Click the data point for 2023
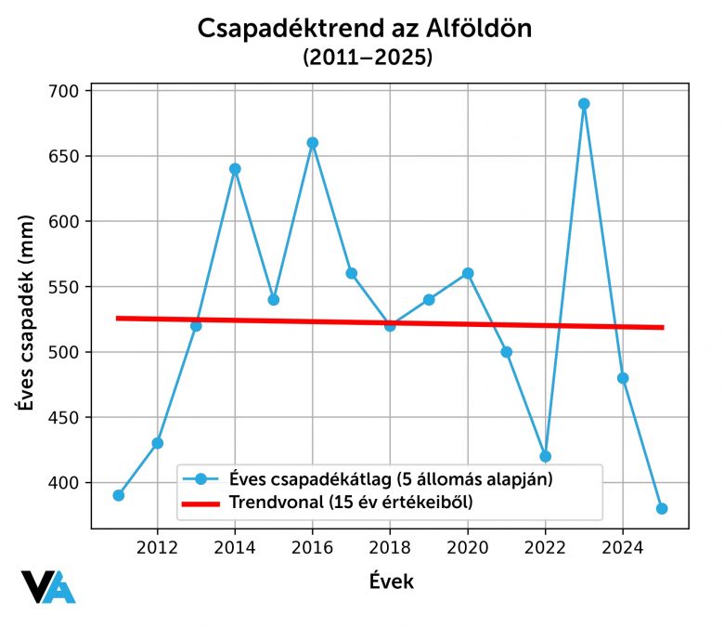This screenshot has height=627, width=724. (584, 104)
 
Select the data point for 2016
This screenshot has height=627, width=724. (313, 143)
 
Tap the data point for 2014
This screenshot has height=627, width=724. (235, 169)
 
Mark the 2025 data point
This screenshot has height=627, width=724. (662, 509)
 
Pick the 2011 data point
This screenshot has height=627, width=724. (119, 495)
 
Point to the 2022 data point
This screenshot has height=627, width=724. (546, 456)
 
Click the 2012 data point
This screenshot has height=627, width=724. (158, 443)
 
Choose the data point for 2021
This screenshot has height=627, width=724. (507, 352)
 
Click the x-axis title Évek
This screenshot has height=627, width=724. (391, 582)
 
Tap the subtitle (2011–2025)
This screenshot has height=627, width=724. (367, 59)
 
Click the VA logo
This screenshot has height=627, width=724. (48, 587)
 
